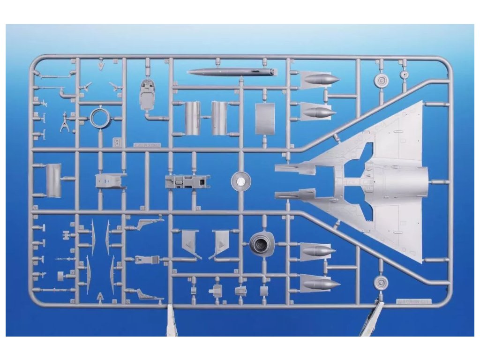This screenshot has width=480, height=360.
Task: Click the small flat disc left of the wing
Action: [241, 180]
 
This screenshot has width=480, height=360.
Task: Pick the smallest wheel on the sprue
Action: [404, 74]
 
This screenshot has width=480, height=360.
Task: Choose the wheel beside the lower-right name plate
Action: [382, 282]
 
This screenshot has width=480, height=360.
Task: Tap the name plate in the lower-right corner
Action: [412, 301]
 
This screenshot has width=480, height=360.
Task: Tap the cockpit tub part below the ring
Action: [111, 180]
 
